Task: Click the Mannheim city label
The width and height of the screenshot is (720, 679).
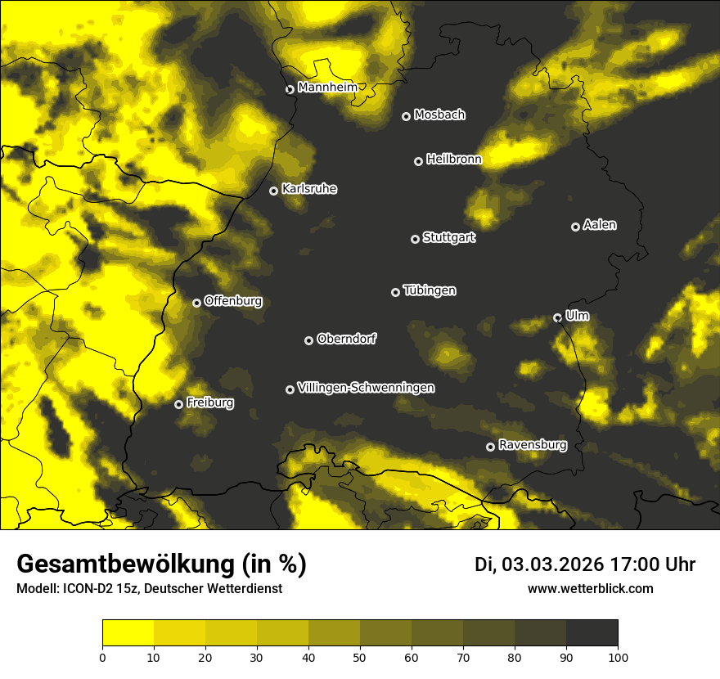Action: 327,87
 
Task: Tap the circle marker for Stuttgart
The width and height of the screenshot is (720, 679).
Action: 415,239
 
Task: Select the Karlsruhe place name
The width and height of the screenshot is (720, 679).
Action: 308,189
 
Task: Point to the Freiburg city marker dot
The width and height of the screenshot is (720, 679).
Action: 178,404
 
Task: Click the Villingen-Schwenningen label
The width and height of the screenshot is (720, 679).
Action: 366,388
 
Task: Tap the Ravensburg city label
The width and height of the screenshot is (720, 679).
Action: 532,445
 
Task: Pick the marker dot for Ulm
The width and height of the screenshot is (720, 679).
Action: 557,317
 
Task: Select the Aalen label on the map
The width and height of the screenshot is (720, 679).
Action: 599,225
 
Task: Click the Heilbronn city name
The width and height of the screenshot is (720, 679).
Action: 453,160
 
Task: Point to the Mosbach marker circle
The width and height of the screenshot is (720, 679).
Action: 406,116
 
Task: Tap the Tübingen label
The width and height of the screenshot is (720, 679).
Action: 429,290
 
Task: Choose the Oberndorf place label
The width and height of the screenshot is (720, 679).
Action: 346,339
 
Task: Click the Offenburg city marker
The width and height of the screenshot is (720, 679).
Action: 196,303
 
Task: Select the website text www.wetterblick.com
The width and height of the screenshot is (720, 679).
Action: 590,588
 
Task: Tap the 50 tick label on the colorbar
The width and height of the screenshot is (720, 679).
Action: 360,656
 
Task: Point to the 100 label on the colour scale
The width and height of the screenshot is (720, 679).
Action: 618,656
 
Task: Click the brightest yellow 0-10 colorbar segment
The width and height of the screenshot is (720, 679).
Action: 128,632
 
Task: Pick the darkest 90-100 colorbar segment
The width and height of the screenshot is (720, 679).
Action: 592,632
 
